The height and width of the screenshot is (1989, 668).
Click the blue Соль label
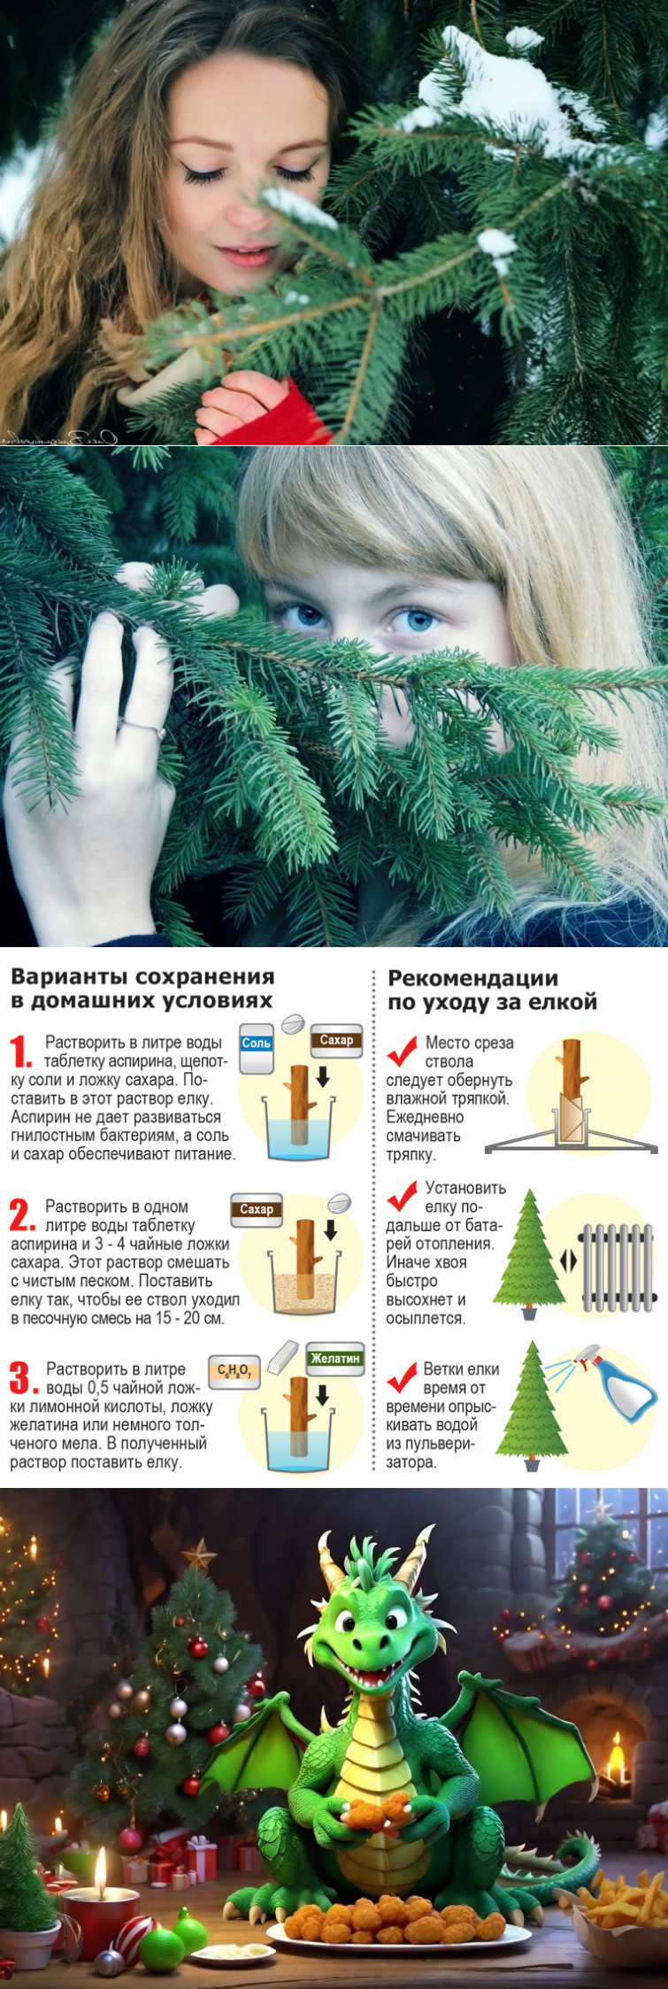tap(257, 1043)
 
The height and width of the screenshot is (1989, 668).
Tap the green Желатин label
tap(335, 1358)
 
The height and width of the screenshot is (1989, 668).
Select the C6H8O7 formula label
tap(234, 1371)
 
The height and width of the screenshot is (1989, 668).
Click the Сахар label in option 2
tap(257, 1209)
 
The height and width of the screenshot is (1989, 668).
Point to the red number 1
tap(20, 1052)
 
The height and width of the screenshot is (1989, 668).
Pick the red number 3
tap(20, 1378)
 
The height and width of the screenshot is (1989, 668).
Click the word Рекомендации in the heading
tap(473, 978)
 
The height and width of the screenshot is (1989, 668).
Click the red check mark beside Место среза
tap(402, 1051)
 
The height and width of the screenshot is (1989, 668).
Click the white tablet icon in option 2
tap(339, 1203)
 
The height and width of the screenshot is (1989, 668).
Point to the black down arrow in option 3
tap(323, 1396)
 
